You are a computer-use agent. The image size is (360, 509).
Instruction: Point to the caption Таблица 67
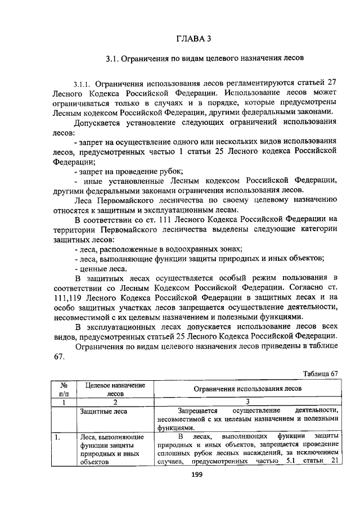pyautogui.click(x=320, y=373)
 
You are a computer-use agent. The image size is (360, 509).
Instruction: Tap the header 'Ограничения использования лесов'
pyautogui.click(x=247, y=389)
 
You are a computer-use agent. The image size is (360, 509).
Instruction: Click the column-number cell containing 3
pyautogui.click(x=247, y=402)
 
